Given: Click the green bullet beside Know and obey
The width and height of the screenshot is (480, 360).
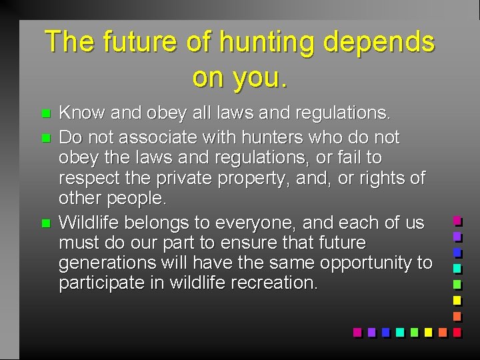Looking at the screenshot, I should (x=45, y=114).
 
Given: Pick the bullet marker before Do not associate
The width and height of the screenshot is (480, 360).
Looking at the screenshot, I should (x=45, y=138).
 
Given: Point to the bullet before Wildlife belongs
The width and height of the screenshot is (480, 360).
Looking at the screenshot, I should (x=45, y=223).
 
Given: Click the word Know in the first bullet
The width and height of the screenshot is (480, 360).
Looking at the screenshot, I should (x=79, y=113).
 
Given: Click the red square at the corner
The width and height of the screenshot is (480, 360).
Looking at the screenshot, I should (x=457, y=331).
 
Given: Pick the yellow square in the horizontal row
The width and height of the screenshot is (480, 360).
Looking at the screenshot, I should (x=428, y=331).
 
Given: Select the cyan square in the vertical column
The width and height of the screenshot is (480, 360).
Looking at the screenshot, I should (x=457, y=268).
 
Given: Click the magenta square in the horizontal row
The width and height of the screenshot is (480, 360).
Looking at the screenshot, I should (x=357, y=331).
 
